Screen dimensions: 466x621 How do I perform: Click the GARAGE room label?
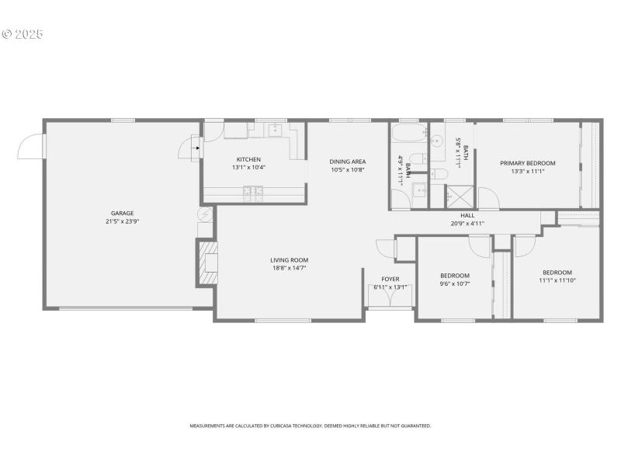tap(122, 213)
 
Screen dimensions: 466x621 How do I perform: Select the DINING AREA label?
tap(348, 162)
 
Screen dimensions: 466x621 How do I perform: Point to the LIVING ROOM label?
tap(290, 260)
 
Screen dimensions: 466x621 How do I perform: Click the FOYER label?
tap(390, 279)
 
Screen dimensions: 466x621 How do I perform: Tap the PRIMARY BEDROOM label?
tap(527, 163)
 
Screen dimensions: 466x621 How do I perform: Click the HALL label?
tap(467, 216)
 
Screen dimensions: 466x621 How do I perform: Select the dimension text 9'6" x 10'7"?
tap(455, 283)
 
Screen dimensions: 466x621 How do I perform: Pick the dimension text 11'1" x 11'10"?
tap(557, 280)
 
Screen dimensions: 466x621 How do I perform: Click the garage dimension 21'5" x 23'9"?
tap(122, 221)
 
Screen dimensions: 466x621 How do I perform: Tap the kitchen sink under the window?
tap(276, 130)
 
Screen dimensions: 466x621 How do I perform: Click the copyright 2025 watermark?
tap(23, 35)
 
